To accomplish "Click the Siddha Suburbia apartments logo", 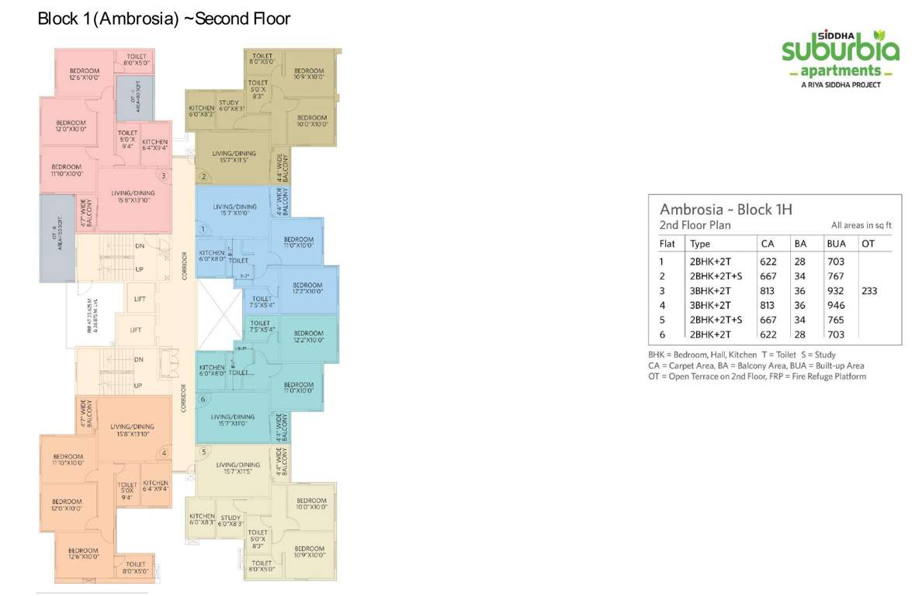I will pyautogui.click(x=841, y=57).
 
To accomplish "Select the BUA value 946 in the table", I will pyautogui.click(x=835, y=306).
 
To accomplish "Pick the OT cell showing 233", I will pyautogui.click(x=869, y=291).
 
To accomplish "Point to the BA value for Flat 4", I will pyautogui.click(x=800, y=306).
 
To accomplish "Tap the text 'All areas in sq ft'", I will pyautogui.click(x=861, y=225).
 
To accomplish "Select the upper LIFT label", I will pyautogui.click(x=139, y=299).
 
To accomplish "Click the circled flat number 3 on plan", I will pyautogui.click(x=163, y=175).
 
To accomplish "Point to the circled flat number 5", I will pyautogui.click(x=203, y=452).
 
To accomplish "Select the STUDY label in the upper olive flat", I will pyautogui.click(x=229, y=106).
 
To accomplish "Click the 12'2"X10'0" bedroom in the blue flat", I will pyautogui.click(x=307, y=289).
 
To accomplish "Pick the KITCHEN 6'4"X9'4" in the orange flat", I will pyautogui.click(x=155, y=486).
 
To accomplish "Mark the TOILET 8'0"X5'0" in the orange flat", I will pyautogui.click(x=135, y=568).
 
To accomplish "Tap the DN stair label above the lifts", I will pyautogui.click(x=140, y=246).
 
